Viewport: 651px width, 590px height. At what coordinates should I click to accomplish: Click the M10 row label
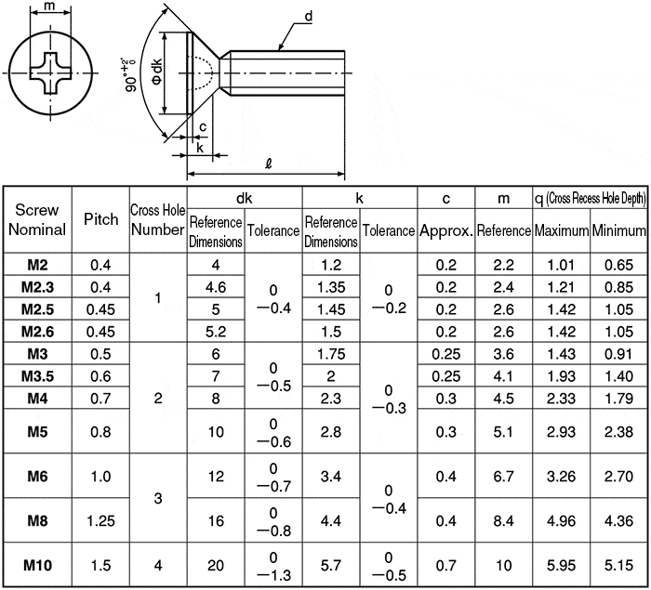[37, 565]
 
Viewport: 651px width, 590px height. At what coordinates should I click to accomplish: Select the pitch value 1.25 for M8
[100, 520]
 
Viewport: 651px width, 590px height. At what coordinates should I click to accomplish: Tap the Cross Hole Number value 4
[158, 565]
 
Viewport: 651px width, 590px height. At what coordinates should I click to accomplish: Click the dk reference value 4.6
[216, 287]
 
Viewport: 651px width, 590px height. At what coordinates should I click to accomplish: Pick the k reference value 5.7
[331, 565]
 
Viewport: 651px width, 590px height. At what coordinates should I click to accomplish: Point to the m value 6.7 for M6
[504, 477]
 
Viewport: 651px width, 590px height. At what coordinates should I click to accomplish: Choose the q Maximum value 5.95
[561, 565]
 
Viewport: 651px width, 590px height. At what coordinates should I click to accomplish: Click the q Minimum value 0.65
[618, 265]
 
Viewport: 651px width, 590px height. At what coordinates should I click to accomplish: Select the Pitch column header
[100, 219]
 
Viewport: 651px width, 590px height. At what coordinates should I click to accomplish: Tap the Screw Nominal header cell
[37, 219]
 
